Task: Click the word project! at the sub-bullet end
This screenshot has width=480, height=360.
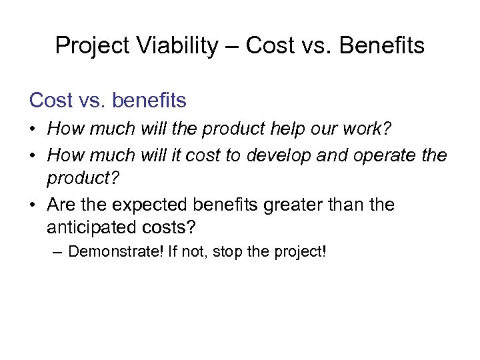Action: pos(299,252)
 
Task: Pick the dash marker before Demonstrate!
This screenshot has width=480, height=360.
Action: pos(59,252)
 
